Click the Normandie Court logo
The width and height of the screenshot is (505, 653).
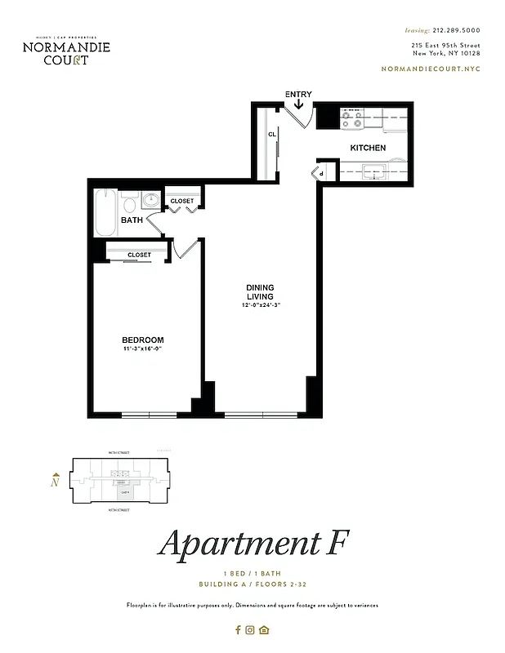click(x=66, y=51)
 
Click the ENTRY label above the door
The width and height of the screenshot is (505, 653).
click(x=298, y=95)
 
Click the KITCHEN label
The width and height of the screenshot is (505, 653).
click(x=368, y=148)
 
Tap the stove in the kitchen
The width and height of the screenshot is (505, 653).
click(x=352, y=119)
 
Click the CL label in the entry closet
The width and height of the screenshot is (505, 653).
click(x=270, y=135)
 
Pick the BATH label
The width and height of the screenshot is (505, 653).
click(x=132, y=220)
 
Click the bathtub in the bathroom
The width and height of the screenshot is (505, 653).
click(x=105, y=214)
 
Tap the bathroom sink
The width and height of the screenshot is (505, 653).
click(x=150, y=201)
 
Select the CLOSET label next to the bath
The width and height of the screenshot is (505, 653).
click(x=182, y=201)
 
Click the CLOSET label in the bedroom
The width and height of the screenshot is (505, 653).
click(x=139, y=255)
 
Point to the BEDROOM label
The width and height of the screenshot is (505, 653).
click(x=143, y=340)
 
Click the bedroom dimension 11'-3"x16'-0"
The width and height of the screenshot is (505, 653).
click(x=143, y=350)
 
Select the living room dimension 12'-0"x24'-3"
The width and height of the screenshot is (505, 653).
click(x=261, y=305)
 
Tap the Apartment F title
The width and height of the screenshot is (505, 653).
click(x=253, y=544)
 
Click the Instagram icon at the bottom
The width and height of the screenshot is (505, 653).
click(x=251, y=629)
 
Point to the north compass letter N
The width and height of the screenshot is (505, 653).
click(x=55, y=482)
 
